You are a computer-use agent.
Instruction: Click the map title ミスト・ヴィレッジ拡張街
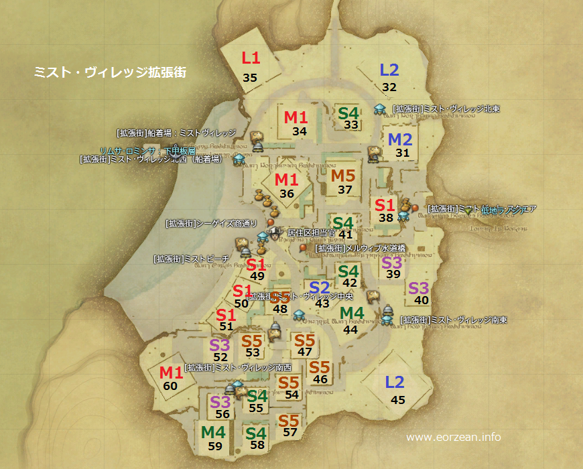[x=110, y=72]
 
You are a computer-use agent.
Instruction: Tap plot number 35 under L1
[x=250, y=78]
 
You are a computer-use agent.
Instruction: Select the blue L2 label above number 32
[x=389, y=70]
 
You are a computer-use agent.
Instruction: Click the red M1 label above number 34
[x=296, y=117]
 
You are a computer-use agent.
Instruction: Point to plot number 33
[x=351, y=125]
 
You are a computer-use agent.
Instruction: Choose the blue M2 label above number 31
[x=400, y=140]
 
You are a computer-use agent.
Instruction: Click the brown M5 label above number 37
[x=344, y=176]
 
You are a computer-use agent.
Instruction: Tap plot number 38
[x=386, y=217]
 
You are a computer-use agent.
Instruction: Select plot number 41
[x=346, y=234]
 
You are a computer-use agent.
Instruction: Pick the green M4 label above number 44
[x=352, y=314]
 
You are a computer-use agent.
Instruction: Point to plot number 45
[x=398, y=400]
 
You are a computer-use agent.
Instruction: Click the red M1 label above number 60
[x=171, y=373]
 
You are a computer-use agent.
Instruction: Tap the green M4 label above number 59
[x=213, y=431]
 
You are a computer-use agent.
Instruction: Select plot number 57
[x=289, y=432]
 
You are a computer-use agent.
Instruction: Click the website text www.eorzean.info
[x=454, y=438]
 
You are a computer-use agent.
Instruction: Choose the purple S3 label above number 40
[x=418, y=289]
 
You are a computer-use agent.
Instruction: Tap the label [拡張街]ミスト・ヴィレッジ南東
[x=453, y=320]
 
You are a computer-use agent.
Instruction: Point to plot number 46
[x=320, y=379]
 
